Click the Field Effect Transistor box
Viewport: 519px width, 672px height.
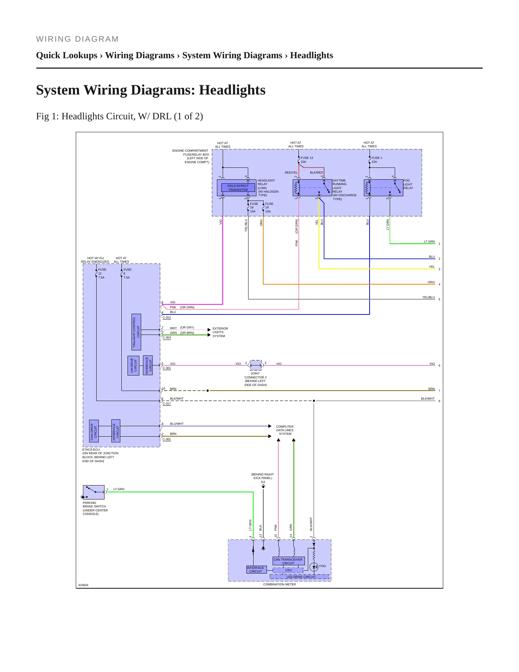pyautogui.click(x=238, y=188)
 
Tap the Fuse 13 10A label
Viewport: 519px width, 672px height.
pyautogui.click(x=306, y=160)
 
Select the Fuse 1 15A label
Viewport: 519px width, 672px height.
pyautogui.click(x=376, y=160)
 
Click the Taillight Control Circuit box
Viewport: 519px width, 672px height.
pyautogui.click(x=136, y=332)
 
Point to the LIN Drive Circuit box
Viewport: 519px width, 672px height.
pyautogui.click(x=133, y=365)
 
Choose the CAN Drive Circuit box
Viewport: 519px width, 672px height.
pyautogui.click(x=94, y=431)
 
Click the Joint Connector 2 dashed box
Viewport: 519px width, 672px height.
pyautogui.click(x=256, y=365)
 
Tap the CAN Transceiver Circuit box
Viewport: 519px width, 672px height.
pyautogui.click(x=288, y=561)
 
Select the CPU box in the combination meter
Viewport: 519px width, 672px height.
pyautogui.click(x=288, y=570)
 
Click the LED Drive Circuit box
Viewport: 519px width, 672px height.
pyautogui.click(x=300, y=577)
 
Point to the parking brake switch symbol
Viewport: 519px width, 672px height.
pyautogui.click(x=94, y=492)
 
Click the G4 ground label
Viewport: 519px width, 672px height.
pyautogui.click(x=263, y=482)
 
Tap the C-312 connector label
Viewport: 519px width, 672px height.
pyautogui.click(x=167, y=317)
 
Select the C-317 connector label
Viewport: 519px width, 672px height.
pyautogui.click(x=167, y=404)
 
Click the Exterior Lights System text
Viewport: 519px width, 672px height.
pyautogui.click(x=220, y=332)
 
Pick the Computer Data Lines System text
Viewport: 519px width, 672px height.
pyautogui.click(x=285, y=430)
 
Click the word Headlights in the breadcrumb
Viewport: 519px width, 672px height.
pyautogui.click(x=311, y=55)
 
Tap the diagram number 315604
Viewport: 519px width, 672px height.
pyautogui.click(x=83, y=585)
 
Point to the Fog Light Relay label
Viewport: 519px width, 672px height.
pyautogui.click(x=408, y=184)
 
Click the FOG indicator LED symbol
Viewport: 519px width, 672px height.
pyautogui.click(x=314, y=567)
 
